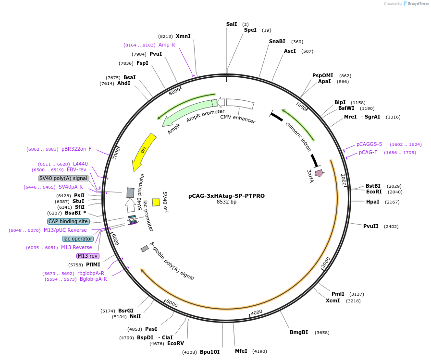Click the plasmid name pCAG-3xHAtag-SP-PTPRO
pyautogui.click(x=226, y=196)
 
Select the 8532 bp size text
pyautogui.click(x=226, y=202)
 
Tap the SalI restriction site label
pyautogui.click(x=232, y=24)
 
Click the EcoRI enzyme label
pyautogui.click(x=374, y=192)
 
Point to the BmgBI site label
pyautogui.click(x=299, y=332)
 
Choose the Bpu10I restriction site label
pyautogui.click(x=209, y=352)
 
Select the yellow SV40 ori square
pyautogui.click(x=156, y=202)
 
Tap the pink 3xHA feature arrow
pyautogui.click(x=319, y=173)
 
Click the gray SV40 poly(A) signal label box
pyautogui.click(x=63, y=178)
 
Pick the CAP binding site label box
pyautogui.click(x=68, y=221)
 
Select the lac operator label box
pyautogui.click(x=77, y=239)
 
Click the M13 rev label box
pyautogui.click(x=87, y=256)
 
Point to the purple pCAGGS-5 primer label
pyautogui.click(x=369, y=144)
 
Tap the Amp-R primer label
pyautogui.click(x=167, y=45)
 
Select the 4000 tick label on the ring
pyautogui.click(x=257, y=312)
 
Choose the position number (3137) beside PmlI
pyautogui.click(x=357, y=294)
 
